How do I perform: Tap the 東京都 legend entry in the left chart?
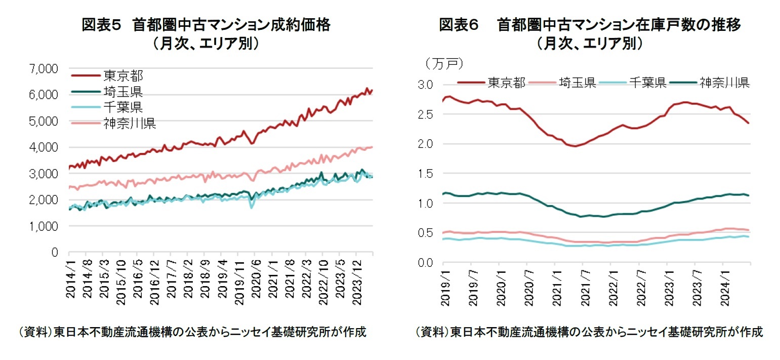click(x=123, y=76)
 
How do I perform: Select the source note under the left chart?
click(x=192, y=332)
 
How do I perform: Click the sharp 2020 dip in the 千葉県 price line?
click(x=252, y=208)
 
